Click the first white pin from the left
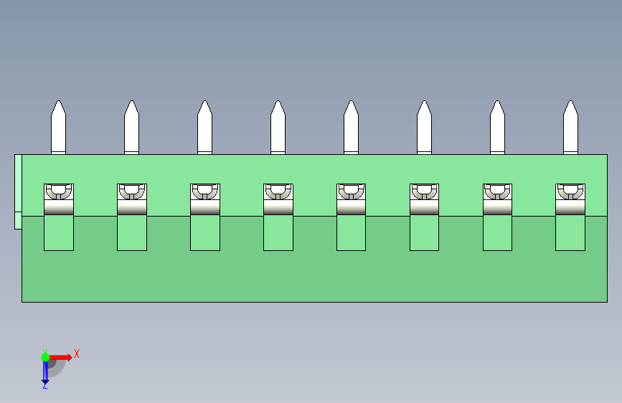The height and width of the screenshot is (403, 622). [58, 129]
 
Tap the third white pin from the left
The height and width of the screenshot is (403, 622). [204, 129]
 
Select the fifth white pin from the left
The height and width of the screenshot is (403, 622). [351, 129]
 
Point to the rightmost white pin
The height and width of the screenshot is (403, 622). [570, 129]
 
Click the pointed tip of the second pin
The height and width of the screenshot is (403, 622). [131, 105]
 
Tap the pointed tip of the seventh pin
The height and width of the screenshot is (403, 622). [497, 105]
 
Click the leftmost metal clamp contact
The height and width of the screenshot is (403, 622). [59, 199]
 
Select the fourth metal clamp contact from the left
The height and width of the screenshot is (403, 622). [278, 199]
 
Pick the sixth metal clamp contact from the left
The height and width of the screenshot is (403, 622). [424, 199]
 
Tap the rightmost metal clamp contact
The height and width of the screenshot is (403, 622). [570, 199]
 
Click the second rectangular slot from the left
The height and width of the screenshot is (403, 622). [132, 233]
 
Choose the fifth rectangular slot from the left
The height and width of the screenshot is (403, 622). [351, 233]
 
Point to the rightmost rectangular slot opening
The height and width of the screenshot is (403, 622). [570, 233]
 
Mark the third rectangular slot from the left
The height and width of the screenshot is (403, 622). [205, 233]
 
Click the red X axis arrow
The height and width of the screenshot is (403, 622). [63, 356]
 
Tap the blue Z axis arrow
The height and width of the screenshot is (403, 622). [45, 371]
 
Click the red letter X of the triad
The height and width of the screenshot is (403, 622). [76, 354]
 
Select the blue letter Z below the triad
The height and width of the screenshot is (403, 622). [44, 386]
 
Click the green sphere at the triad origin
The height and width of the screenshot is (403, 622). [45, 356]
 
